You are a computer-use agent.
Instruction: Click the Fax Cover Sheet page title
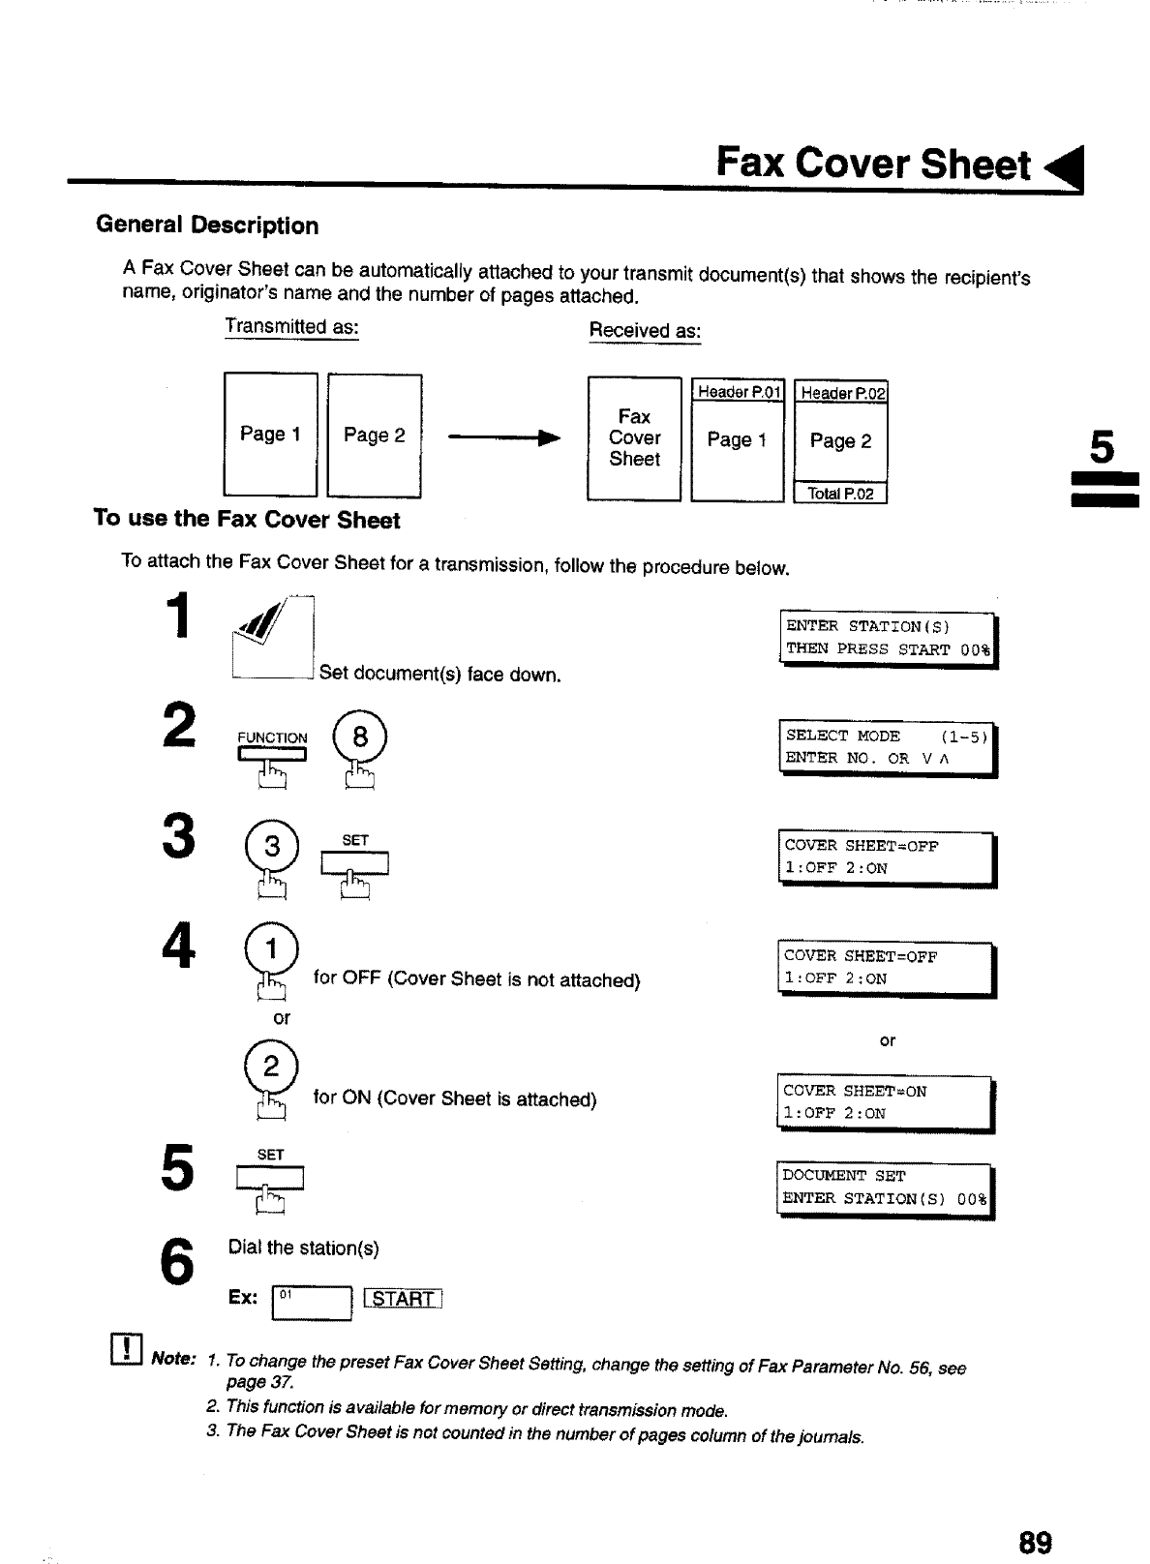(873, 164)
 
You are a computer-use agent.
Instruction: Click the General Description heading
(207, 226)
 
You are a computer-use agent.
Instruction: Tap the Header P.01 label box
(738, 392)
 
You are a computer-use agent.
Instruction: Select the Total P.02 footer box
(840, 494)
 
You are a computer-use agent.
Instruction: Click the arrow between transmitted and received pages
(503, 437)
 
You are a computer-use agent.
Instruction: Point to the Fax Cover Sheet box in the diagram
(634, 438)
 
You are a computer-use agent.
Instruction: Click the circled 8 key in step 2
(360, 738)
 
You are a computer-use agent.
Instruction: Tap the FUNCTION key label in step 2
(272, 738)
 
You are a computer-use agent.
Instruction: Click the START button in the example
(403, 1299)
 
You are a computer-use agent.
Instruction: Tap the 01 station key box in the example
(313, 1302)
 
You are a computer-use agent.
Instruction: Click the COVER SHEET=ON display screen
(885, 1102)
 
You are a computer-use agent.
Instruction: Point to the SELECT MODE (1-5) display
(887, 747)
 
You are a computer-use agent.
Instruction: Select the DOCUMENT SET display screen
(885, 1188)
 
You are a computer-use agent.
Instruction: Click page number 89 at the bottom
(1034, 1541)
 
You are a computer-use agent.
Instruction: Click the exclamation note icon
(128, 1348)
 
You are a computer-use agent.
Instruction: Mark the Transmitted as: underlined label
(291, 327)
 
